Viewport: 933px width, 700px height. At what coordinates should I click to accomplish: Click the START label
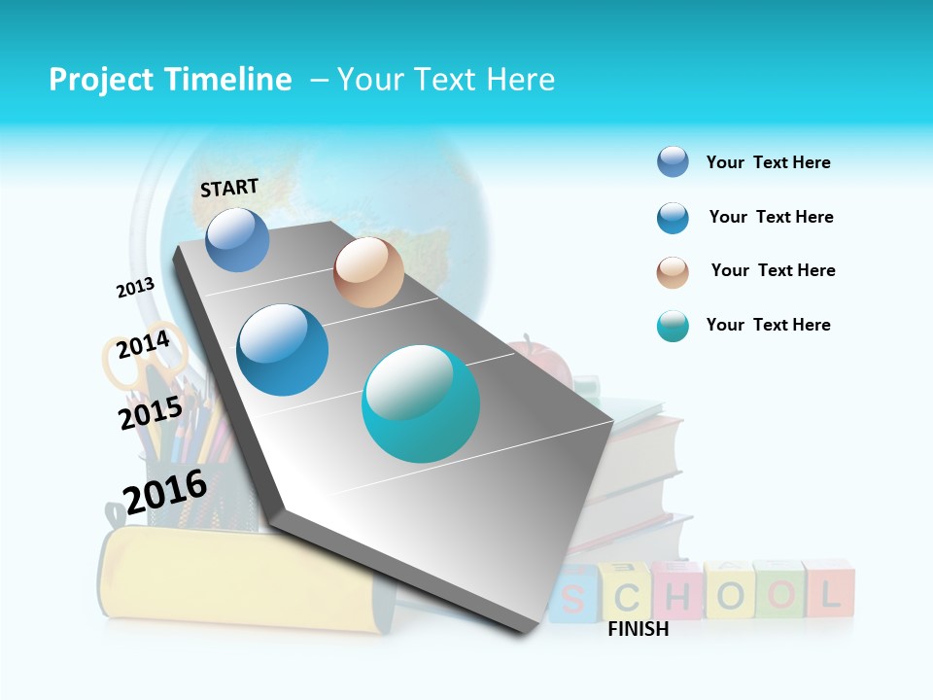point(229,188)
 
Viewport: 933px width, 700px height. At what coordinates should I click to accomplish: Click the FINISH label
point(638,629)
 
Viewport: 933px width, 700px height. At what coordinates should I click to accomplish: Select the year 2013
point(135,288)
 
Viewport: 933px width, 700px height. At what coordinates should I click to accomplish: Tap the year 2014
point(143,345)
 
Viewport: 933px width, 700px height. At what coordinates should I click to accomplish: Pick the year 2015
point(151,413)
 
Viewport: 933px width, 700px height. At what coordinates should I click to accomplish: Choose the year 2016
point(165,491)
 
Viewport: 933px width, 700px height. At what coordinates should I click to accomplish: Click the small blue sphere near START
point(237,239)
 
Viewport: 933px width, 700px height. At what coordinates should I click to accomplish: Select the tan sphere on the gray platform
point(368,272)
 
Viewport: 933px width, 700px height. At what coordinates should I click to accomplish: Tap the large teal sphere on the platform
point(420,402)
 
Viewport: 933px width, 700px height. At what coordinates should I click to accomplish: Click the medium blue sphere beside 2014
point(282,350)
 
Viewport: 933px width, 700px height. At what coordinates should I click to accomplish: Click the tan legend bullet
point(673,272)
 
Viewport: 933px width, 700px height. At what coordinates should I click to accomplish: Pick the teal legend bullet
point(673,326)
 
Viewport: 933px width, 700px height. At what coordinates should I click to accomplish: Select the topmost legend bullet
point(673,161)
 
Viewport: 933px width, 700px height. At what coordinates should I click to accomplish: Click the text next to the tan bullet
point(773,270)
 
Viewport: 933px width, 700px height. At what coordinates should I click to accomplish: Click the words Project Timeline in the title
point(170,80)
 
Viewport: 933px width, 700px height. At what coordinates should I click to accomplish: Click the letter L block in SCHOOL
point(829,590)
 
